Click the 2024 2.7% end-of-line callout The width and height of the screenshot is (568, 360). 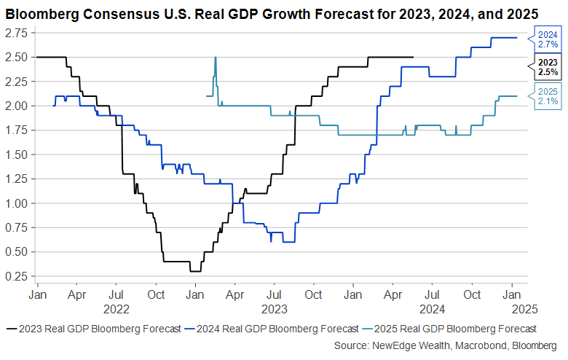coord(548,39)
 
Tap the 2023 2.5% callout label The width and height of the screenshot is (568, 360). coord(548,68)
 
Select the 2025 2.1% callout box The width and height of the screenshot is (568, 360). coord(548,96)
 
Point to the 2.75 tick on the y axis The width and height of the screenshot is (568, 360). coord(16,34)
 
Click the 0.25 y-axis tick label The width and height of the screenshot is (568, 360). coord(16,277)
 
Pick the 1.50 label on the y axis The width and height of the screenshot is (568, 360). coord(16,155)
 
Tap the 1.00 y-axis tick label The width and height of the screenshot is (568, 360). coord(16,203)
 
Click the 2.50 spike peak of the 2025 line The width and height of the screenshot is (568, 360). coord(216,58)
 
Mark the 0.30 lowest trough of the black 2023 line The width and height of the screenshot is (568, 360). coord(195,271)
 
